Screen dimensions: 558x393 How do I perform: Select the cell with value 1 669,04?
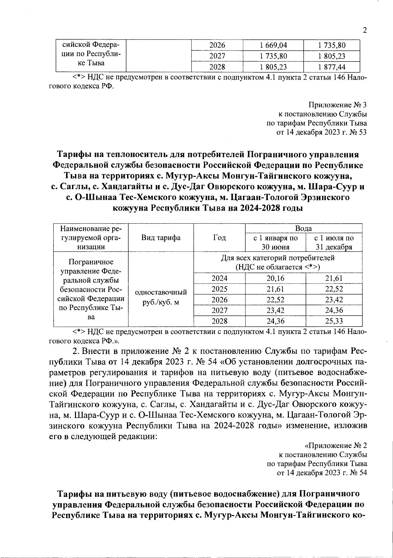tap(273, 45)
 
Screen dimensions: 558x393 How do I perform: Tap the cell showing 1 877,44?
tap(331, 67)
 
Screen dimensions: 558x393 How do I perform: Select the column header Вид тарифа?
tap(160, 238)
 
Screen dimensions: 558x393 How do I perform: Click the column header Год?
tap(219, 238)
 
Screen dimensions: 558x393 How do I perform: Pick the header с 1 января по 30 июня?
tap(275, 242)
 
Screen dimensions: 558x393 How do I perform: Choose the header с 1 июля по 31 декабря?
tap(333, 242)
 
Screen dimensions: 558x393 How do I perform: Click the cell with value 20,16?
tap(275, 278)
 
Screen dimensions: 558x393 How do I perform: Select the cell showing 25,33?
tap(333, 321)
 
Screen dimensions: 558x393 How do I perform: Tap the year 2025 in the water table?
tap(219, 289)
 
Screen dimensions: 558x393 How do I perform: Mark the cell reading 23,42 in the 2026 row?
tap(333, 300)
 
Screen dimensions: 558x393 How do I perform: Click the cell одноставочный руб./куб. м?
tap(160, 297)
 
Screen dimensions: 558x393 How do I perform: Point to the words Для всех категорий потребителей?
tap(278, 258)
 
